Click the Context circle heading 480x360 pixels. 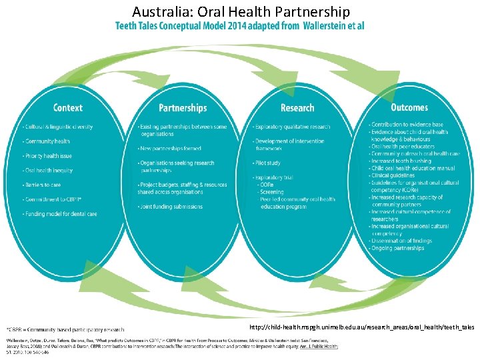pos(68,107)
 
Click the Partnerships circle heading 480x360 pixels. pos(183,107)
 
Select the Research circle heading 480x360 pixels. pos(297,107)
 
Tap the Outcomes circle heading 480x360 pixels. pos(409,107)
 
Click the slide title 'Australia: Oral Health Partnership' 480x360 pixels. pos(241,11)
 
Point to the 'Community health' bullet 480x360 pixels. pos(48,141)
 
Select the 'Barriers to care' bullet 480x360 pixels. pos(44,185)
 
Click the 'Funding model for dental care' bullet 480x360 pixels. pos(61,214)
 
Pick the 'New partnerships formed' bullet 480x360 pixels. pos(171,149)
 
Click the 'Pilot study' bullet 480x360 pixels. pos(268,163)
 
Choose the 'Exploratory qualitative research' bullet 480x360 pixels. pos(292,127)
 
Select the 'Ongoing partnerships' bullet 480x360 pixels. pos(398,248)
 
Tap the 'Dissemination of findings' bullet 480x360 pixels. pos(403,241)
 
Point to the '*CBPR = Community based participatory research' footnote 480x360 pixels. pos(65,329)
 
